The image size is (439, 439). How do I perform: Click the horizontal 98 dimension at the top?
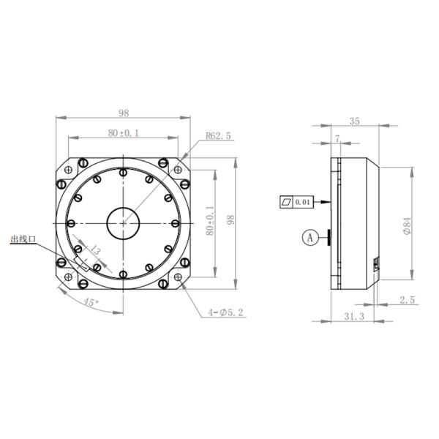[x=124, y=113]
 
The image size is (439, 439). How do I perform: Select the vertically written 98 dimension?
[x=230, y=221]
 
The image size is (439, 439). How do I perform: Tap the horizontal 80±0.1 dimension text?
[x=124, y=133]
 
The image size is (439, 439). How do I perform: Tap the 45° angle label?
[x=91, y=301]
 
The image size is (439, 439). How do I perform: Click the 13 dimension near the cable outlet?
[x=95, y=250]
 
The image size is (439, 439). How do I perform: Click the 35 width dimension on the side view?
[x=354, y=121]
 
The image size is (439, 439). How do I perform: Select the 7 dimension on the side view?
[x=337, y=138]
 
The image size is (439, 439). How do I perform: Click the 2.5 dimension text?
[x=408, y=299]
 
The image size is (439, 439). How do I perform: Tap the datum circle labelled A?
[x=310, y=237]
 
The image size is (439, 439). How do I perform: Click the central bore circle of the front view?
[x=124, y=222]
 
